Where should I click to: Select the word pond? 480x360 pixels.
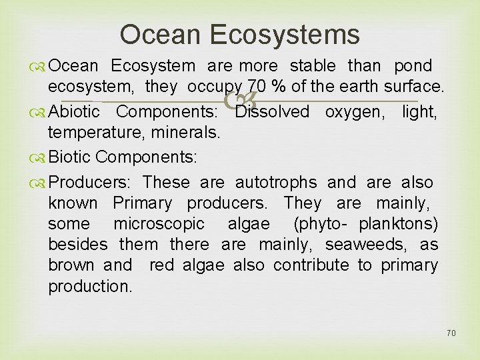coord(413,66)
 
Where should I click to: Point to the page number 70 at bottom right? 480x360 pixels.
coord(451,333)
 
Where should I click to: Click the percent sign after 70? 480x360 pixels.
coord(271,87)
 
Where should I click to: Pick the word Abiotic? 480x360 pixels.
coord(74,111)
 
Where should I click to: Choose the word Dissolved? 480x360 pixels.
coord(272,111)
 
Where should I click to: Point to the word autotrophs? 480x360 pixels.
coord(276,182)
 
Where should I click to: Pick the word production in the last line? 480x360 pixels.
coord(90,287)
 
